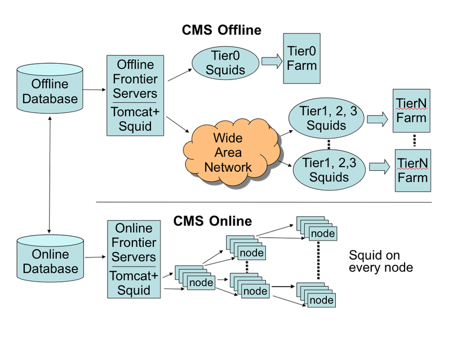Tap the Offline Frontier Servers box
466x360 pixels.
(x=135, y=95)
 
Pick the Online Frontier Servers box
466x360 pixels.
(x=134, y=259)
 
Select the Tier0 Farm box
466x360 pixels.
(x=302, y=58)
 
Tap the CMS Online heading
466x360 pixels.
(x=212, y=220)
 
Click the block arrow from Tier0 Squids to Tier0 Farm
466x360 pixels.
(x=272, y=61)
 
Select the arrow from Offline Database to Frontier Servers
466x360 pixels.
(x=95, y=89)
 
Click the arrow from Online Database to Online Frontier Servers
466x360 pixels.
(x=95, y=257)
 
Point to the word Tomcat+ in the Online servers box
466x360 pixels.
(x=134, y=276)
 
